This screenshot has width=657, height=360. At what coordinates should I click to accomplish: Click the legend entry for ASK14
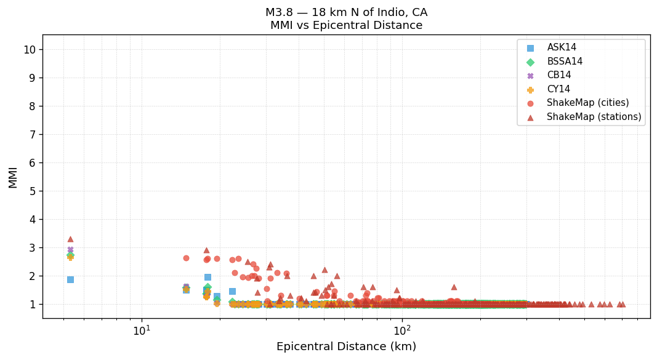(x=562, y=47)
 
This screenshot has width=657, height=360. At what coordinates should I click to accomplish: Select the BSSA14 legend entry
(x=565, y=62)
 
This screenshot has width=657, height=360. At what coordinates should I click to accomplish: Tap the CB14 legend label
(x=558, y=75)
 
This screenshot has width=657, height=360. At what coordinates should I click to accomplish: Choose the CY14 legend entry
(x=558, y=89)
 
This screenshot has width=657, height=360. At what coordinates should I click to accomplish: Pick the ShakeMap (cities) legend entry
(x=587, y=103)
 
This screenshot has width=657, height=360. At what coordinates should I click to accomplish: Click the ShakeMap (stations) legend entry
(x=594, y=117)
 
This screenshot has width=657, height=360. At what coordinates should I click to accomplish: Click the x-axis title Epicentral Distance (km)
(x=346, y=346)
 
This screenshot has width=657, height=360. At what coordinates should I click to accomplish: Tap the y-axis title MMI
(x=13, y=177)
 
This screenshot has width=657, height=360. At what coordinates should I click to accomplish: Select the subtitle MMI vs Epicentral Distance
(x=346, y=26)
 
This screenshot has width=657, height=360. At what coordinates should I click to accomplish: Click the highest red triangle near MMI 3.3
(x=70, y=239)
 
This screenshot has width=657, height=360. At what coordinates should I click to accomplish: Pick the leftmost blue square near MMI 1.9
(x=70, y=279)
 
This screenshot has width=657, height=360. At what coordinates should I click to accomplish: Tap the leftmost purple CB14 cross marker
(x=70, y=250)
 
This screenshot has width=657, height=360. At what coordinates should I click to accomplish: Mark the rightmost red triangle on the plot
(x=623, y=304)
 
